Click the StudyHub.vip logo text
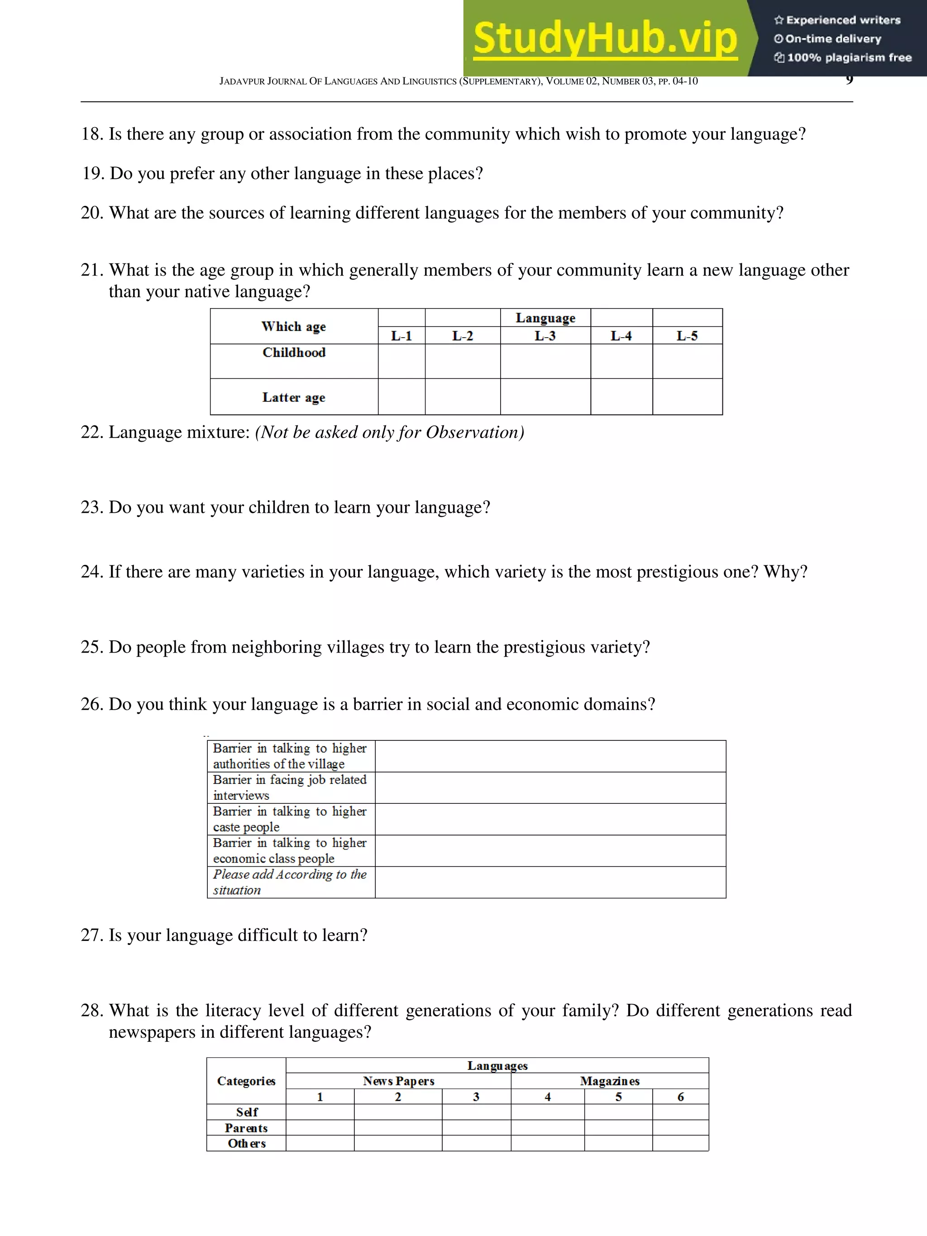pos(605,39)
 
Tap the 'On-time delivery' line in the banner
pos(832,39)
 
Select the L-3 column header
pos(545,336)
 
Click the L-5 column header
pos(687,336)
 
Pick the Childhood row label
pos(294,353)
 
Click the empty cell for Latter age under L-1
pos(401,397)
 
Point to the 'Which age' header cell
pos(294,326)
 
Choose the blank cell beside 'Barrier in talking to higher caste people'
pos(550,819)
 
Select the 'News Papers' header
pos(398,1081)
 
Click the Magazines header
pos(610,1081)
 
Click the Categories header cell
pos(246,1081)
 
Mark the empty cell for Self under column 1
pos(320,1112)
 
